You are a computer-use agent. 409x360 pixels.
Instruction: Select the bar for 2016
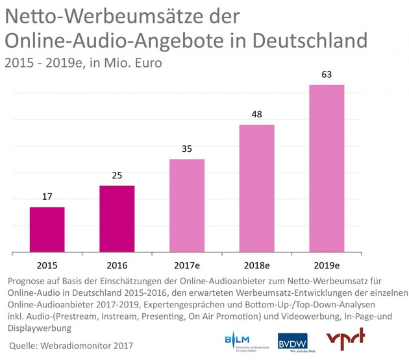117,219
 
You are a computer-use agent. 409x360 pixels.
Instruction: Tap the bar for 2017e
187,205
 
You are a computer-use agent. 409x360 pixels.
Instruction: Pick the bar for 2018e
256,187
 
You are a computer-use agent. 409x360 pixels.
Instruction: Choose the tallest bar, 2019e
327,167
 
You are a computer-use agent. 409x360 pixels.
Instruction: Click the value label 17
47,196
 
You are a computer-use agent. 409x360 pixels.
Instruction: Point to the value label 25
117,174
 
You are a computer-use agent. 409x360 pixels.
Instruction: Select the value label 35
187,148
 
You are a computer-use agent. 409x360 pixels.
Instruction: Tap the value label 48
256,114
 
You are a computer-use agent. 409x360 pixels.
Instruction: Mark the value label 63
327,74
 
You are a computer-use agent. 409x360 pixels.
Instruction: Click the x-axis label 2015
47,265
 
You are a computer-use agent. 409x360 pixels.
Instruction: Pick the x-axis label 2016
117,265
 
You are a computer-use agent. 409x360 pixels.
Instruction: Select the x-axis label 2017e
187,265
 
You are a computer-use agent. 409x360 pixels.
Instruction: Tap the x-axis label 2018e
256,265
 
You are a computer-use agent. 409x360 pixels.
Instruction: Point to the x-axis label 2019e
327,265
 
